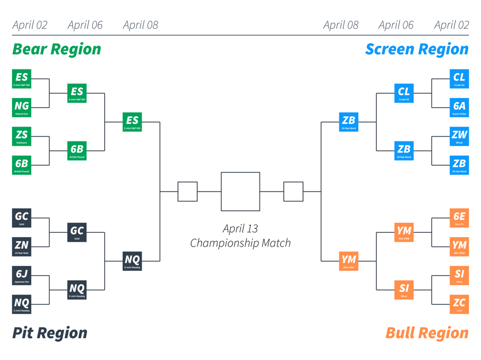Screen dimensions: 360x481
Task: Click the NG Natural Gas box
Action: coord(21,107)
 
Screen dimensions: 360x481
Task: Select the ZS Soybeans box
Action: coord(21,136)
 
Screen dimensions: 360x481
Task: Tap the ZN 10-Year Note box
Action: coord(21,246)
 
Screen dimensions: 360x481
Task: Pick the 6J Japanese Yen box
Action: coord(21,275)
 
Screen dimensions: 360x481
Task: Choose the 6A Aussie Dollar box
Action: coord(459,107)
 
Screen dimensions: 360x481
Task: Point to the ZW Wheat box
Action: coord(459,136)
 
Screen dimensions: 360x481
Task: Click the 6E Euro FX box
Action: coord(459,217)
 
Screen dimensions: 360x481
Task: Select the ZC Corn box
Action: coord(459,303)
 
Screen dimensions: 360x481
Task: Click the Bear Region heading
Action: coord(57,49)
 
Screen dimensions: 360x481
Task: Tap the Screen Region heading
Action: coord(417,49)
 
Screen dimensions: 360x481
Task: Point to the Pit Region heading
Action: coord(50,332)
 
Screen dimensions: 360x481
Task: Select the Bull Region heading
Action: coord(427,332)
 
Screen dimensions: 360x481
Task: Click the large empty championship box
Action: coord(240,192)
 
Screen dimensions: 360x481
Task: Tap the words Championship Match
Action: coord(240,243)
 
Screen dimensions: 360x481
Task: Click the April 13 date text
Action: coord(240,228)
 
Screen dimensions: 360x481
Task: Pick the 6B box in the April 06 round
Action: coord(77,150)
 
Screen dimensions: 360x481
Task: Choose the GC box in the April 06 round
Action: coord(77,232)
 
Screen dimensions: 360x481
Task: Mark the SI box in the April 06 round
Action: coord(404,289)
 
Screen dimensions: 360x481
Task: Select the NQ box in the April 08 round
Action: coord(132,260)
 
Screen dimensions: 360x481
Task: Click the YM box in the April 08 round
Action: coord(349,260)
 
